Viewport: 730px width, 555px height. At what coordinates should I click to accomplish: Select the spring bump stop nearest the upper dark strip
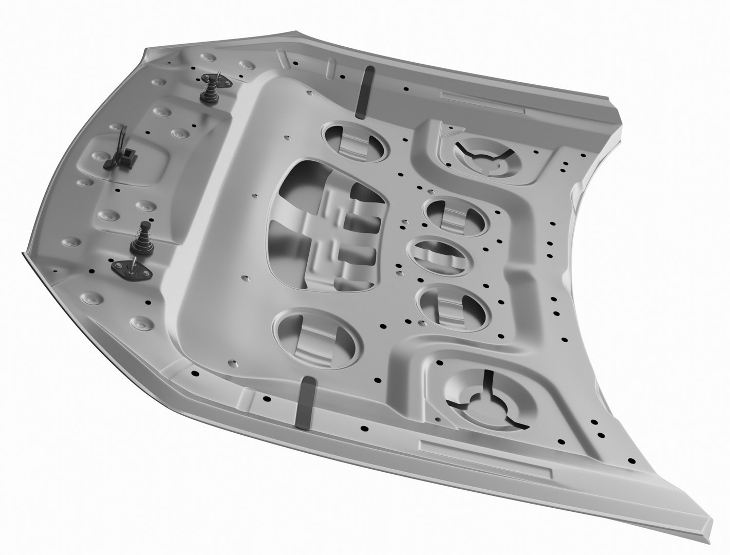point(209,90)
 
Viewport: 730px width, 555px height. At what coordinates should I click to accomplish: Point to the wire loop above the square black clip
point(122,136)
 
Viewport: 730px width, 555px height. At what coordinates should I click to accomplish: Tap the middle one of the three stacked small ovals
point(438,255)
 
